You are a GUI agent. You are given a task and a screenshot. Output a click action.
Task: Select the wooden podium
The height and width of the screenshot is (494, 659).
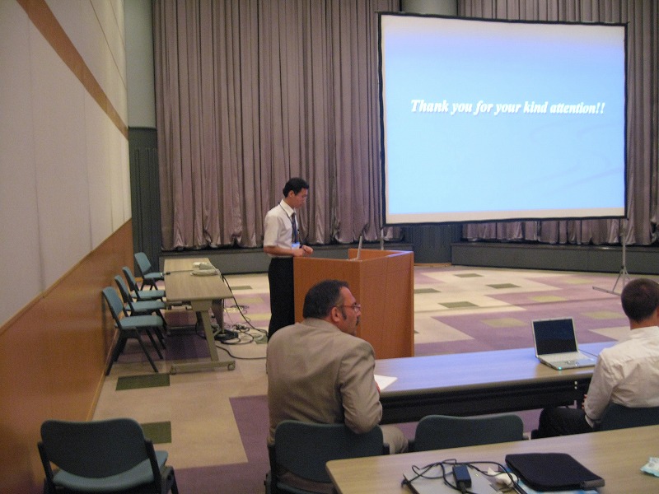tap(355, 301)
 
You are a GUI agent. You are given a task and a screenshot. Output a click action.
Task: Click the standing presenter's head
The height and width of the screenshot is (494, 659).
tap(296, 192)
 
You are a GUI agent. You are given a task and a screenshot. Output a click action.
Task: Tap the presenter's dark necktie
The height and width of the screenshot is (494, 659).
tap(294, 227)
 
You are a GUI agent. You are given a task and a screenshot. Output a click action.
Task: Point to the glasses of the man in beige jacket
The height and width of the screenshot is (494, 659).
tap(352, 307)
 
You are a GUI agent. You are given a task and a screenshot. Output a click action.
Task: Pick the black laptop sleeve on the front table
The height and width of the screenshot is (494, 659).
tap(554, 471)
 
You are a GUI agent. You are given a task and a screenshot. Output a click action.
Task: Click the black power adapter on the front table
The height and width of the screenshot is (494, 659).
tap(462, 475)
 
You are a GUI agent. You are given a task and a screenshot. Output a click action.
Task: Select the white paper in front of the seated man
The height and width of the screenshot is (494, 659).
tap(385, 381)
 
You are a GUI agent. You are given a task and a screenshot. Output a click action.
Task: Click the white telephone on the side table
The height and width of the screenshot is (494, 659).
tap(203, 268)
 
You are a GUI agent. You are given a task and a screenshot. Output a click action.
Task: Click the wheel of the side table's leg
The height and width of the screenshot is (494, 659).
tap(231, 366)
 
